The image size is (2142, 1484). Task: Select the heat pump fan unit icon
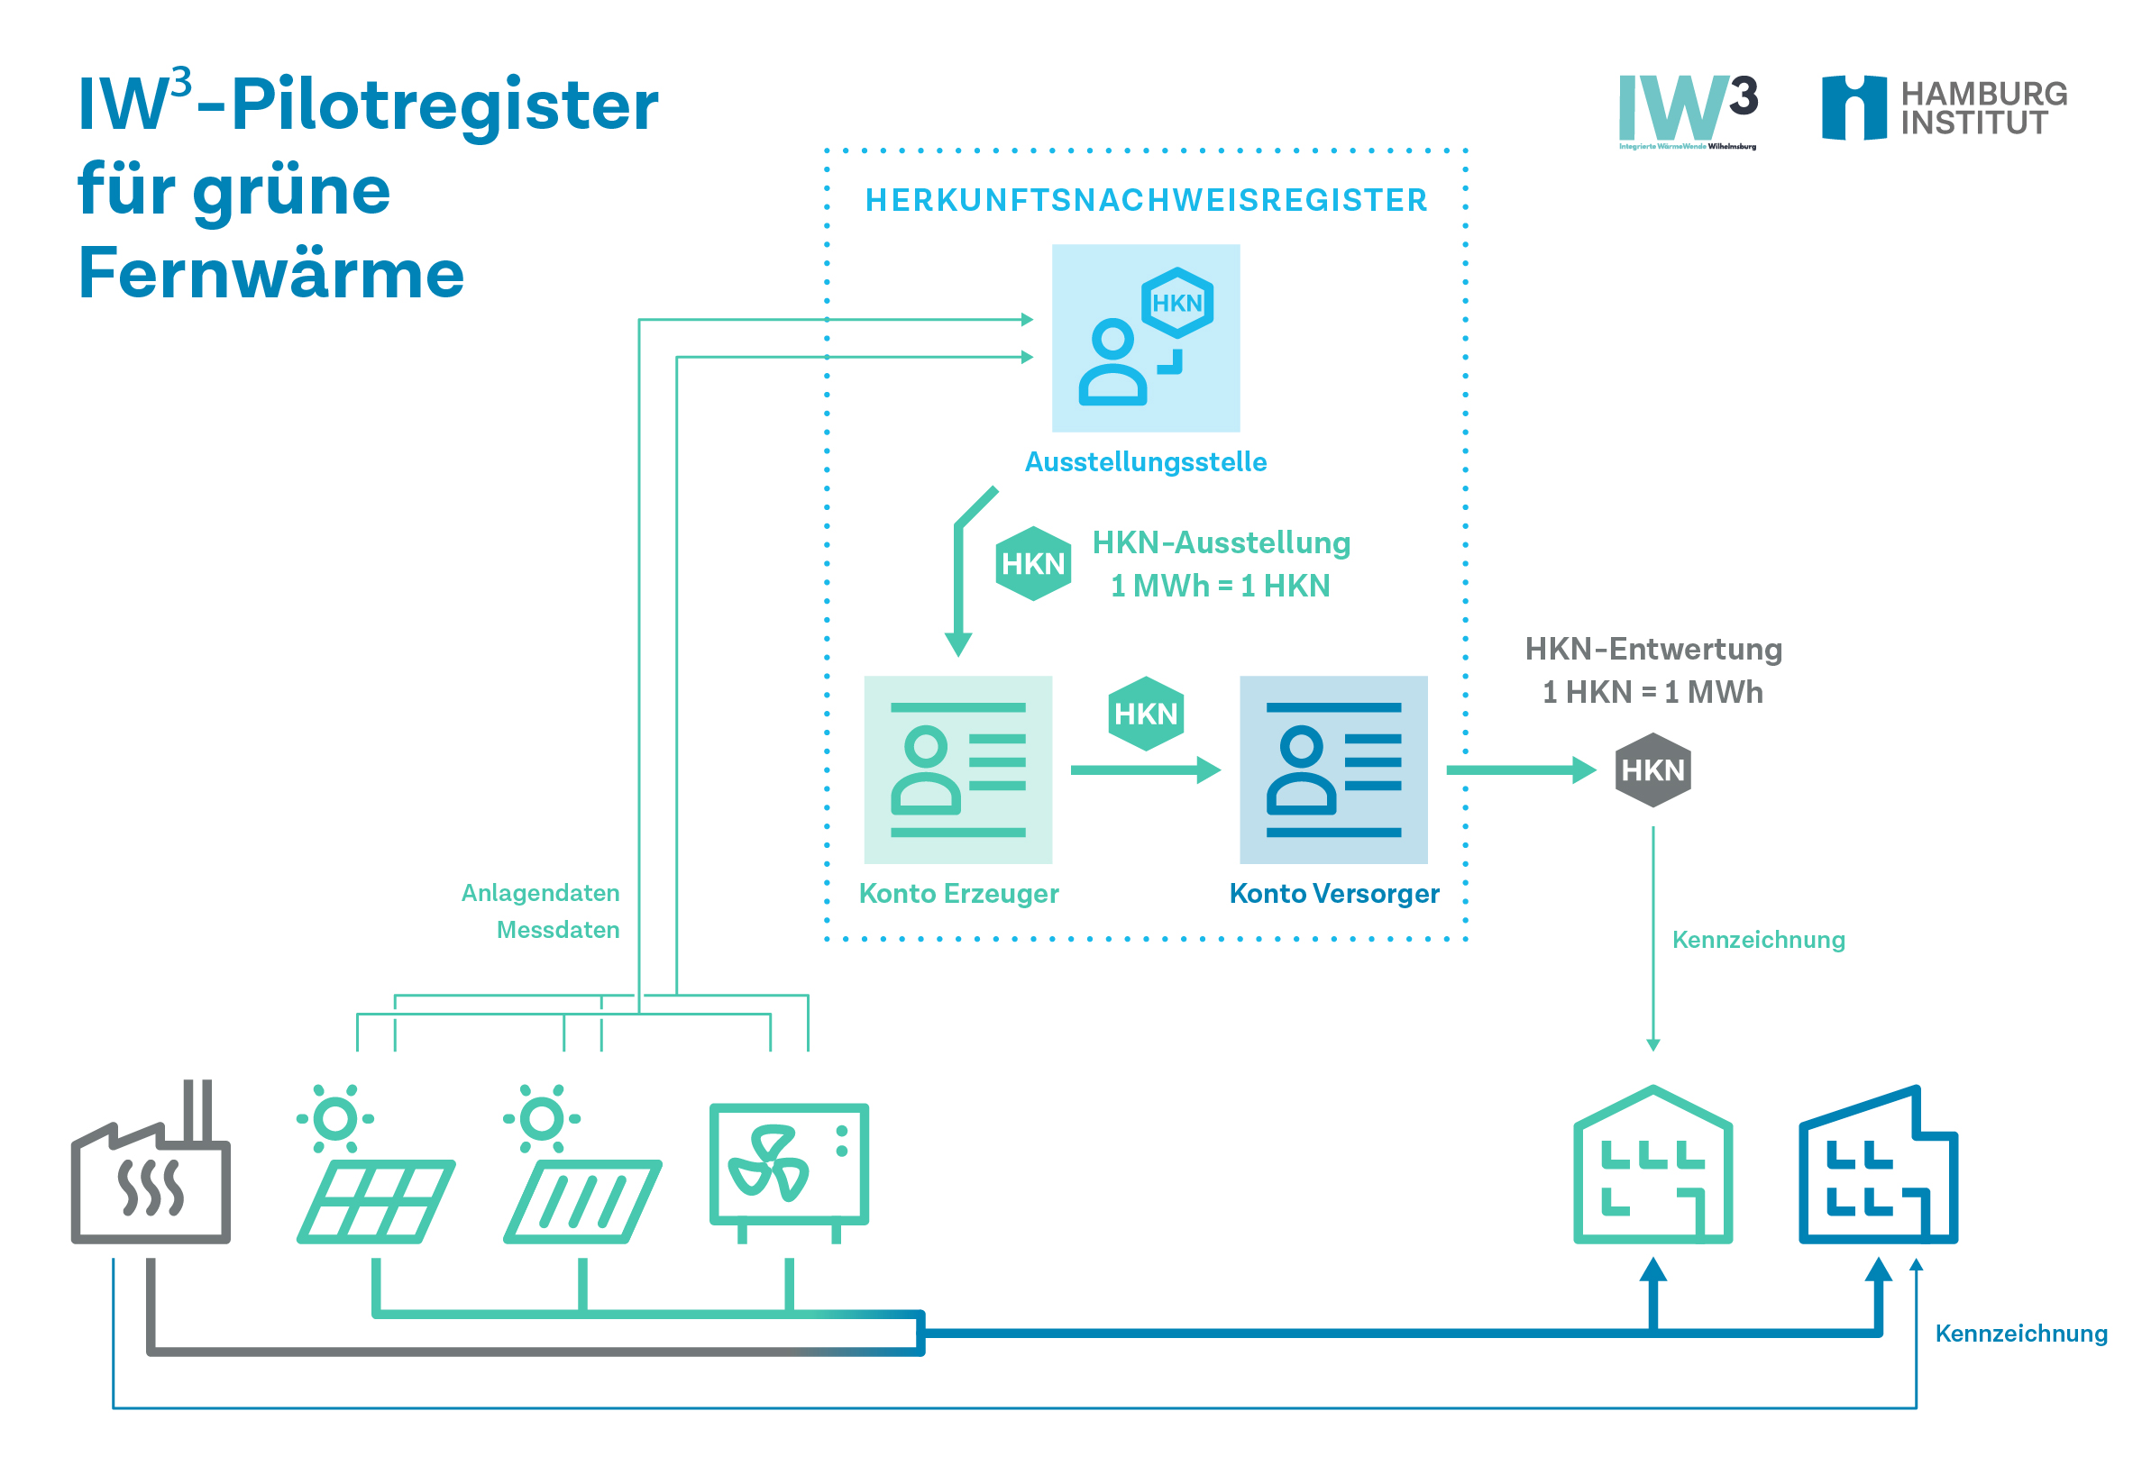click(789, 1170)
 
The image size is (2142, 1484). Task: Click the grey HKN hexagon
click(1652, 769)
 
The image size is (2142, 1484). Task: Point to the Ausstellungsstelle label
click(1145, 462)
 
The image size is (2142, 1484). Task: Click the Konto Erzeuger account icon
click(958, 769)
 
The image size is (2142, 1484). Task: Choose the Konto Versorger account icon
click(1332, 769)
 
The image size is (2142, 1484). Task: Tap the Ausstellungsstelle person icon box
click(1145, 339)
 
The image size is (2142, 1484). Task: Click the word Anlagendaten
click(540, 893)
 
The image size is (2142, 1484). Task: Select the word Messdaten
click(557, 930)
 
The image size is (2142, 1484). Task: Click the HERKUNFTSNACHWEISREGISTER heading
click(1146, 201)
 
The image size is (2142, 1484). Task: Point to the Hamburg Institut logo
click(1943, 109)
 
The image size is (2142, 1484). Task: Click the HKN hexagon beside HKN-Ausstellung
click(1032, 563)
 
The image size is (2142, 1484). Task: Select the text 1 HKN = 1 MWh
click(1652, 693)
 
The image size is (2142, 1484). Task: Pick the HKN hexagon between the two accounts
click(1146, 714)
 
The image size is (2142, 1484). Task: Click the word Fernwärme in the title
click(271, 274)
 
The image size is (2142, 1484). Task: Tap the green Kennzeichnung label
click(1758, 940)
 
